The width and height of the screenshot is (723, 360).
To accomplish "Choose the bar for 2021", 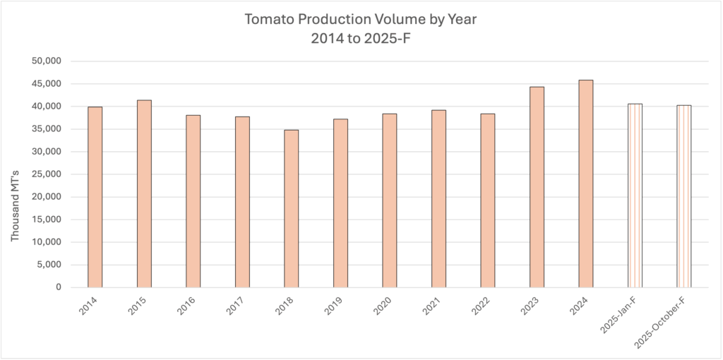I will click(438, 198).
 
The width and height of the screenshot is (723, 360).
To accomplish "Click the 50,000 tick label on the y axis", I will click(49, 61).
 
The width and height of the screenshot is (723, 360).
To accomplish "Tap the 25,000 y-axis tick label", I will click(49, 174).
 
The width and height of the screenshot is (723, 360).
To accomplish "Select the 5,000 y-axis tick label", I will click(52, 265).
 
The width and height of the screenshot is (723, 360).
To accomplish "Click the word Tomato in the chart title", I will click(267, 19).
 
